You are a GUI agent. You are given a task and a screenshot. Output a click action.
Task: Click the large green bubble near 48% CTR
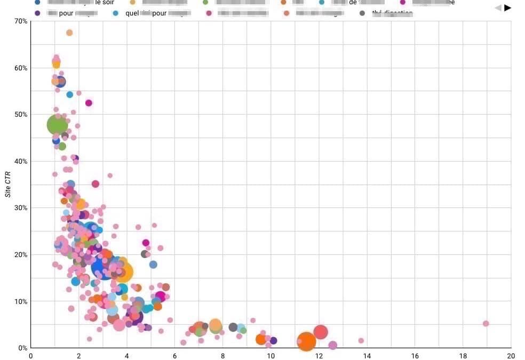tap(58, 125)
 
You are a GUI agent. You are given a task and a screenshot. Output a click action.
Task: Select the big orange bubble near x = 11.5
tap(306, 341)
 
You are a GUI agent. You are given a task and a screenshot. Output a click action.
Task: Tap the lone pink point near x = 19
tap(486, 324)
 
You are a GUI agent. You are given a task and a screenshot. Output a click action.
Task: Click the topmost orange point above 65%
tap(69, 33)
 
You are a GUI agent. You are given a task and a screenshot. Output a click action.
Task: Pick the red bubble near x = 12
tap(320, 332)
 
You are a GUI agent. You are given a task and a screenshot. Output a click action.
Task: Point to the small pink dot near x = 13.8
tap(361, 340)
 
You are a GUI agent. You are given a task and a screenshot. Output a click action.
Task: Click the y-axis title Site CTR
tap(8, 185)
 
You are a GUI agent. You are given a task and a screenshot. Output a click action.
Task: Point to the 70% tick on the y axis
tap(21, 21)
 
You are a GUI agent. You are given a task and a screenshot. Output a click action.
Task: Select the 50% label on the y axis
tap(21, 115)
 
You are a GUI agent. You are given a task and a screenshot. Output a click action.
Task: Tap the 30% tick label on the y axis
tap(21, 208)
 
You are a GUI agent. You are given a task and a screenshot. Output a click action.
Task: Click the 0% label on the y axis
tap(22, 348)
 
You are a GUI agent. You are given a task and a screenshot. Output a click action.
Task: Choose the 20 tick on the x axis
tap(511, 356)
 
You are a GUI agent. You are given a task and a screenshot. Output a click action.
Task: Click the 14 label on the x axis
tap(367, 356)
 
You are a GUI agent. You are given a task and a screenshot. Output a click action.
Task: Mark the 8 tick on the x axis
tap(223, 356)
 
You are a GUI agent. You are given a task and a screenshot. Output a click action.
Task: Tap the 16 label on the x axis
tap(415, 356)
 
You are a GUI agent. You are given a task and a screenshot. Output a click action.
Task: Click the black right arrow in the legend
tap(507, 7)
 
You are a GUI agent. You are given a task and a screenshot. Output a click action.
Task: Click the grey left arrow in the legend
tap(498, 7)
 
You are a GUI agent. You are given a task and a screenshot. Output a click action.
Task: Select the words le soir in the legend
tap(105, 3)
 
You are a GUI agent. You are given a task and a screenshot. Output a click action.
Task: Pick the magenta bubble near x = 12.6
tap(333, 345)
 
